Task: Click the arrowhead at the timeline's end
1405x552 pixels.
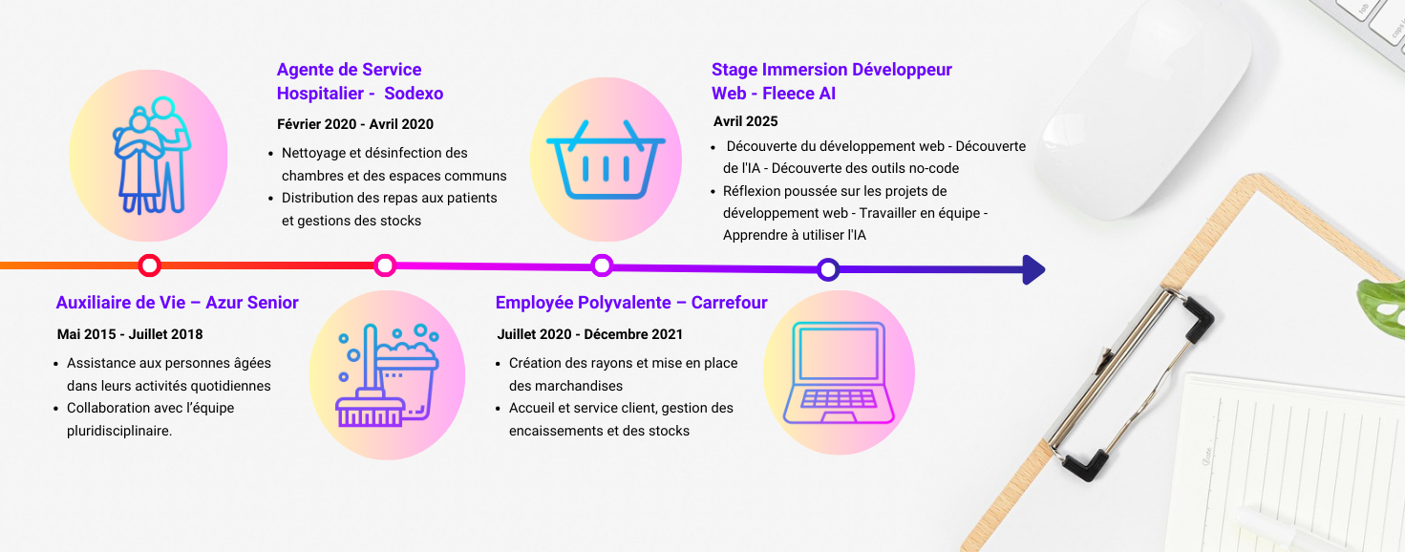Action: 1033,269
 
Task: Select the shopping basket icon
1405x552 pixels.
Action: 606,159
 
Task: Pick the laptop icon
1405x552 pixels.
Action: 839,372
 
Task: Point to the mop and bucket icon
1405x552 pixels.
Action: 387,375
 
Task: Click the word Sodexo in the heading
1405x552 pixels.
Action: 414,94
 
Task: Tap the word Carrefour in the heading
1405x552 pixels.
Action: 729,303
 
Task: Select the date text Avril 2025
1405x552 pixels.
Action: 745,121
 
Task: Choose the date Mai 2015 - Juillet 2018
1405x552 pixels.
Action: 130,334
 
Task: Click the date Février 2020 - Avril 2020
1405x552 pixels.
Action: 355,124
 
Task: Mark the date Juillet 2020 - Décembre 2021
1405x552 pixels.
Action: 589,334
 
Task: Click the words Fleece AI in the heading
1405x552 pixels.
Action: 798,94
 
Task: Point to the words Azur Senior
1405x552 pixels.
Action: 251,303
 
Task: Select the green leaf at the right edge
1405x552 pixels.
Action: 1382,308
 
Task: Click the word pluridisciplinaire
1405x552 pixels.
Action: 119,431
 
